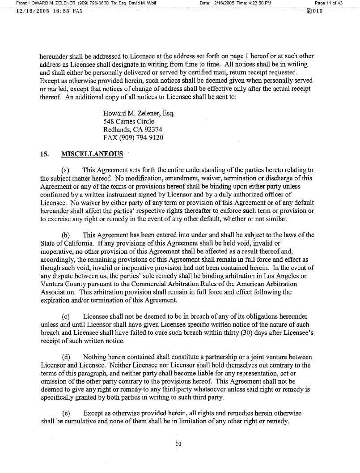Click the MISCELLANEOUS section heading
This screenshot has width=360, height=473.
coord(92,154)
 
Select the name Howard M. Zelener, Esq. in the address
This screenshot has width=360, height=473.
coord(139,113)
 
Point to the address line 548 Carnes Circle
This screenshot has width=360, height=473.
coord(129,121)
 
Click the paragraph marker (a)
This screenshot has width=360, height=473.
coord(65,170)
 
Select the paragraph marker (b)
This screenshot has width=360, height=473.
coord(65,235)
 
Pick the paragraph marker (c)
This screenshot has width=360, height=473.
coord(65,316)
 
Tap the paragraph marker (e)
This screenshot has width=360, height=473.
coord(65,413)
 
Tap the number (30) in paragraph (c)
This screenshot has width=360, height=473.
coord(235,333)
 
